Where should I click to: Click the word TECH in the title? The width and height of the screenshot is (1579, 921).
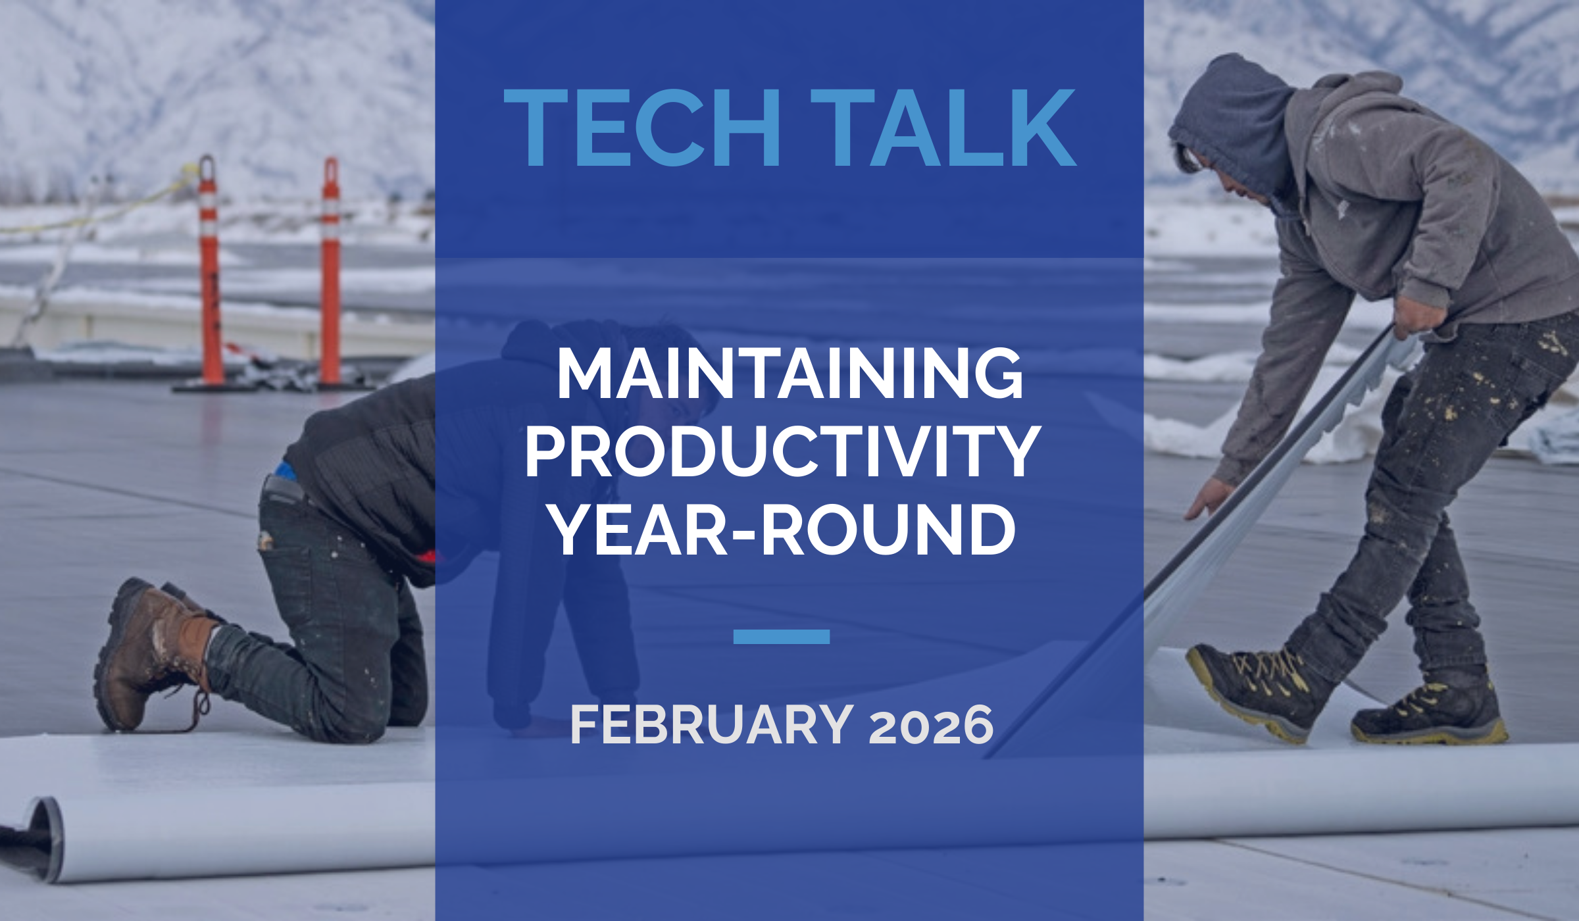[642, 129]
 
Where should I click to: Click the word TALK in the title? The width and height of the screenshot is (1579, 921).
[943, 129]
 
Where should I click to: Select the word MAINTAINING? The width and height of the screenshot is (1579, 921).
[789, 374]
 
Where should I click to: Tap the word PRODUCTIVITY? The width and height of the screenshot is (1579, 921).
[783, 453]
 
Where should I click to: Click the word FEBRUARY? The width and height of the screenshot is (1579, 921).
[712, 725]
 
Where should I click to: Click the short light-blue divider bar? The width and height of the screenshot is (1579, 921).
[781, 636]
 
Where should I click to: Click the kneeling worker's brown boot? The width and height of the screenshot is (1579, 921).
[151, 651]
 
